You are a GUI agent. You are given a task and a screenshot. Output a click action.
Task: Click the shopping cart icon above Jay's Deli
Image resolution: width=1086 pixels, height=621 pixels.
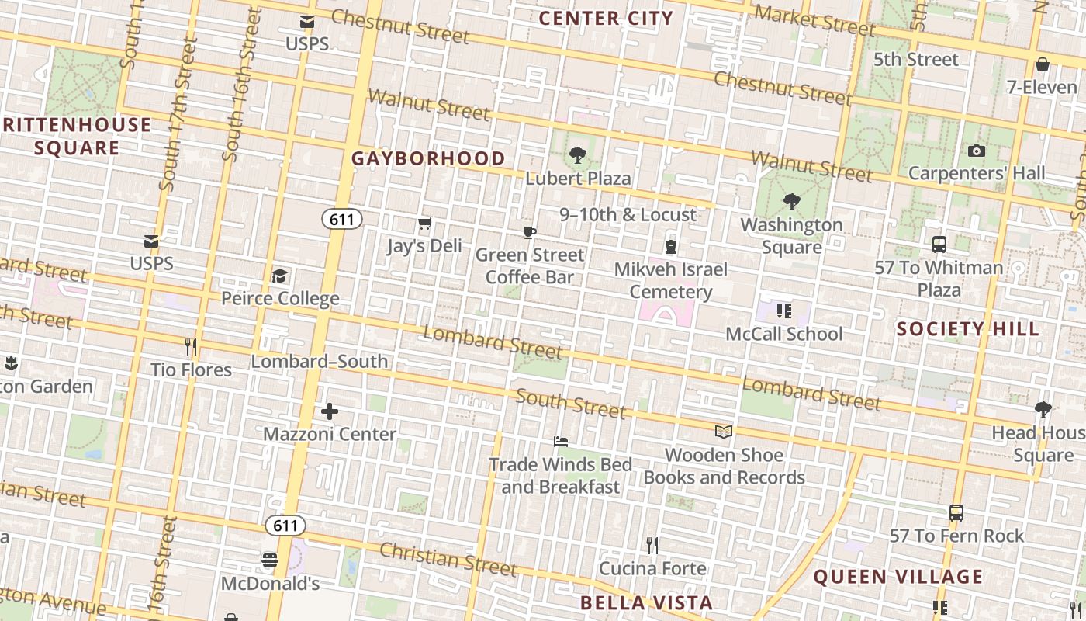424,224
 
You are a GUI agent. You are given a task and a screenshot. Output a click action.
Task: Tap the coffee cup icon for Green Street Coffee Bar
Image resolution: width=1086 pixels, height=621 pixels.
530,232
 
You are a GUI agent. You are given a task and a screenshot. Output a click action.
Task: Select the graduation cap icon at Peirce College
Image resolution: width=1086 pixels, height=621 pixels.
279,276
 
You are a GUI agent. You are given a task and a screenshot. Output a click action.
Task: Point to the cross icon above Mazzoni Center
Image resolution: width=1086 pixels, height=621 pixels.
330,411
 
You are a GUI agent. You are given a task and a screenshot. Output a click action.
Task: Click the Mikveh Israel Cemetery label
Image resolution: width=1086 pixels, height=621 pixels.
671,280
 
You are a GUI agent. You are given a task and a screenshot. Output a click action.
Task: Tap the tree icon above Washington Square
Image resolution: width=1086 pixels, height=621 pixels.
791,202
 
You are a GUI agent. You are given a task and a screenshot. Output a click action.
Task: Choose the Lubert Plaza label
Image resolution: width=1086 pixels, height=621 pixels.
578,178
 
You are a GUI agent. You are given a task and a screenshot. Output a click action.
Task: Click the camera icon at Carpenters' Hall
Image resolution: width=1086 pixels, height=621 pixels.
976,151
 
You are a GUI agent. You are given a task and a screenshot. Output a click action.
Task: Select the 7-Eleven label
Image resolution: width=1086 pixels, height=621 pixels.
1042,87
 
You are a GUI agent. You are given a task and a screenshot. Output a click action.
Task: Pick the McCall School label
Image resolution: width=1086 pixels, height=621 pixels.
783,334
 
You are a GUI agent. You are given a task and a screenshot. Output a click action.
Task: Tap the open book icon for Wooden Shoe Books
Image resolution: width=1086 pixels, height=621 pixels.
723,432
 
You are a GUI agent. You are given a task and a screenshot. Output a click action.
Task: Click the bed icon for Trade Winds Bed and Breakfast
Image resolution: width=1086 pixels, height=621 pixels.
561,442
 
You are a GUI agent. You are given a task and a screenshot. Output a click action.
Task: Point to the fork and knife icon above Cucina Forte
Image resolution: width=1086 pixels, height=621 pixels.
652,546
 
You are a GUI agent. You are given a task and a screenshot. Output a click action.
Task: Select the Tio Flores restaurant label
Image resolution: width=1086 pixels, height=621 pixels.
191,369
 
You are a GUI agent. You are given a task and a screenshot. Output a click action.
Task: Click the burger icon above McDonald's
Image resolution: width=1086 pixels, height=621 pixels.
270,560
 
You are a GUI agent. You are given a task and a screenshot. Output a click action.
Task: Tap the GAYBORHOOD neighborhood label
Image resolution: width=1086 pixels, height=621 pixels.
428,158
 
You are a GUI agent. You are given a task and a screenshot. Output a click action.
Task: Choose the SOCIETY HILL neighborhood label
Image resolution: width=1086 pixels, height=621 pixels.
967,328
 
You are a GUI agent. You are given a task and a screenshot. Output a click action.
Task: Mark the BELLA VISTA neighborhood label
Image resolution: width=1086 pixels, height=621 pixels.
646,603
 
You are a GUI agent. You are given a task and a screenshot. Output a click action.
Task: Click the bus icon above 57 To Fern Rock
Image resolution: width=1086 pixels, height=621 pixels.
956,513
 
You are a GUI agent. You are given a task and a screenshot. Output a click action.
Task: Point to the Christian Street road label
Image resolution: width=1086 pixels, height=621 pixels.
448,560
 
